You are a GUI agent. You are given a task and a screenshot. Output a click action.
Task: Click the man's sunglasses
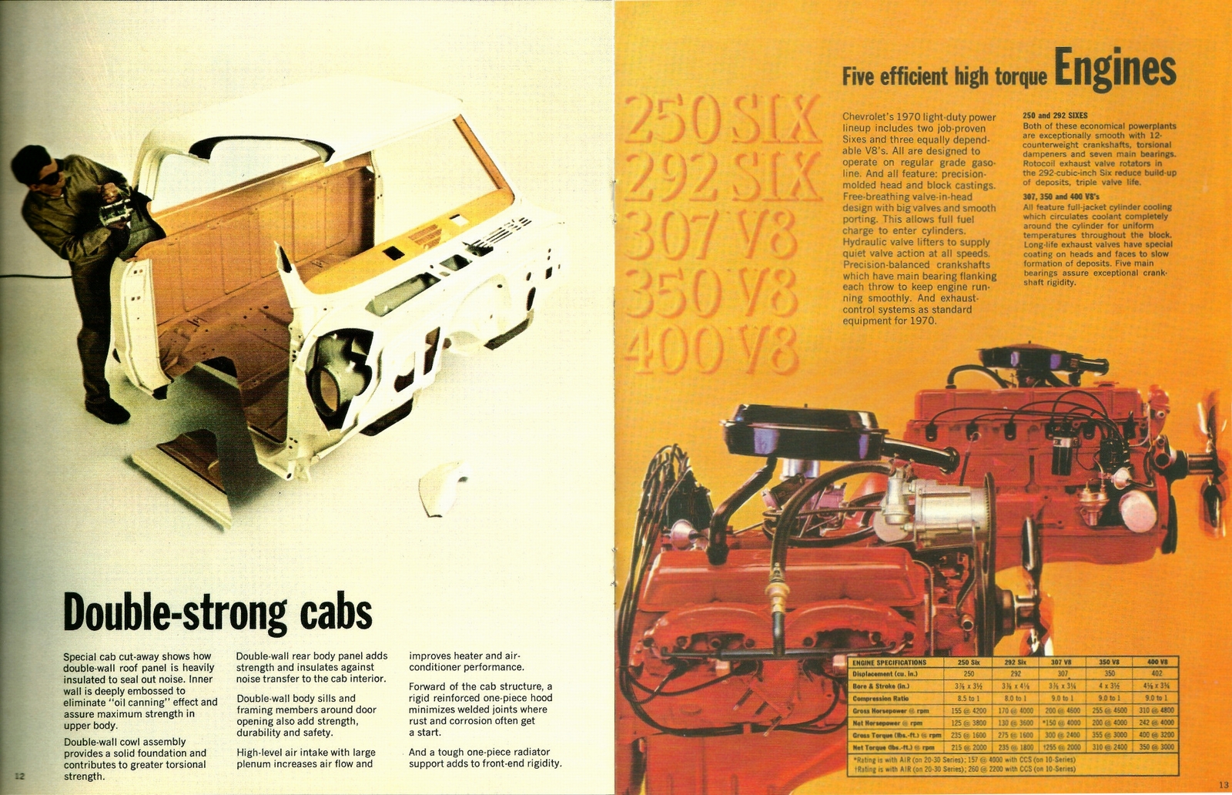click(x=45, y=177)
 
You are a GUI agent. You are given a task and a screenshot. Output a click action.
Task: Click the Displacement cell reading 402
click(x=1157, y=673)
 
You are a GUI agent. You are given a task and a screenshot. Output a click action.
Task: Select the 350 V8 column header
click(x=1109, y=662)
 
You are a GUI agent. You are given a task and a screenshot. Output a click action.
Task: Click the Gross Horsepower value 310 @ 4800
click(x=1157, y=710)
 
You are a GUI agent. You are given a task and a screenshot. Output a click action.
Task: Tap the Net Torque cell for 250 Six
click(x=968, y=747)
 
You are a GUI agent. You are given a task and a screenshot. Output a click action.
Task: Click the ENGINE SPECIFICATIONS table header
click(x=890, y=662)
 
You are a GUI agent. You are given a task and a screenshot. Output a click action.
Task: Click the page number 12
click(x=20, y=775)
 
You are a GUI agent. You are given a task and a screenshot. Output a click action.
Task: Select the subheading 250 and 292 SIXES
click(x=1055, y=115)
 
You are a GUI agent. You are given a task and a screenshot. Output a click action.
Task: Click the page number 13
click(x=1224, y=785)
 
